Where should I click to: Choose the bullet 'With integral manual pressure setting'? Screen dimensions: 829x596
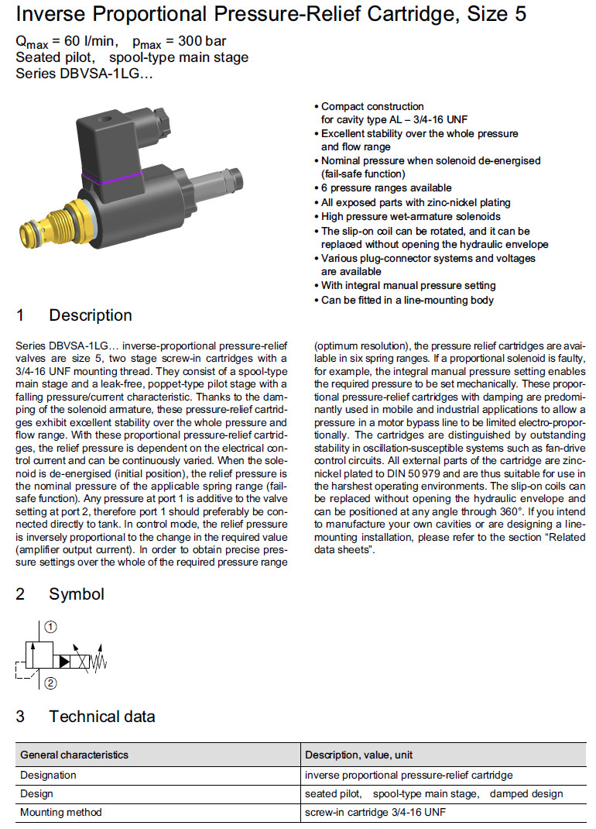pos(408,286)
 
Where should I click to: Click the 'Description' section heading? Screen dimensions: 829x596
pos(90,315)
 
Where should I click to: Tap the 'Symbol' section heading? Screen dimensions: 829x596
pos(76,594)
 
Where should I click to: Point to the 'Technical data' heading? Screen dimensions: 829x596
pos(101,717)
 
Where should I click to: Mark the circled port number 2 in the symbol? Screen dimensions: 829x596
pos(50,683)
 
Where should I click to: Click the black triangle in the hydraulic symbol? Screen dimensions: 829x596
pos(64,661)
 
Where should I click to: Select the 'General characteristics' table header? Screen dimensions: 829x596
pos(74,755)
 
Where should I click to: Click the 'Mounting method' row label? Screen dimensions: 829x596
pos(61,813)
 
